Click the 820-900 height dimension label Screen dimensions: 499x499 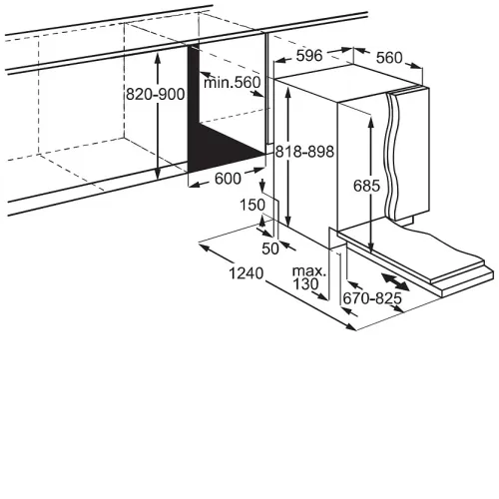click(x=155, y=95)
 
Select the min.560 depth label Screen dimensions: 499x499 click(x=232, y=82)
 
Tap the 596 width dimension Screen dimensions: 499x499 click(x=309, y=56)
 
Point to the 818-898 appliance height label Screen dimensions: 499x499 click(x=304, y=152)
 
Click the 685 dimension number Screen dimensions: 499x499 click(x=366, y=186)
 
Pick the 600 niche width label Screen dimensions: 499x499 click(x=228, y=179)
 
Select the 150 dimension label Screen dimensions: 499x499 click(x=252, y=205)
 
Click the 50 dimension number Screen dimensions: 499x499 click(x=270, y=249)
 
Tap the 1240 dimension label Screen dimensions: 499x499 click(x=247, y=273)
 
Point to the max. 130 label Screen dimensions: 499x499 click(x=308, y=278)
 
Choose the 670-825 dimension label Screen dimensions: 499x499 click(x=372, y=298)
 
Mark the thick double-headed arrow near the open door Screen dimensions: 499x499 click(x=395, y=281)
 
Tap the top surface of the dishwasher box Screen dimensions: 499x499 click(x=349, y=81)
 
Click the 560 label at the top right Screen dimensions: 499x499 click(x=389, y=58)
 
